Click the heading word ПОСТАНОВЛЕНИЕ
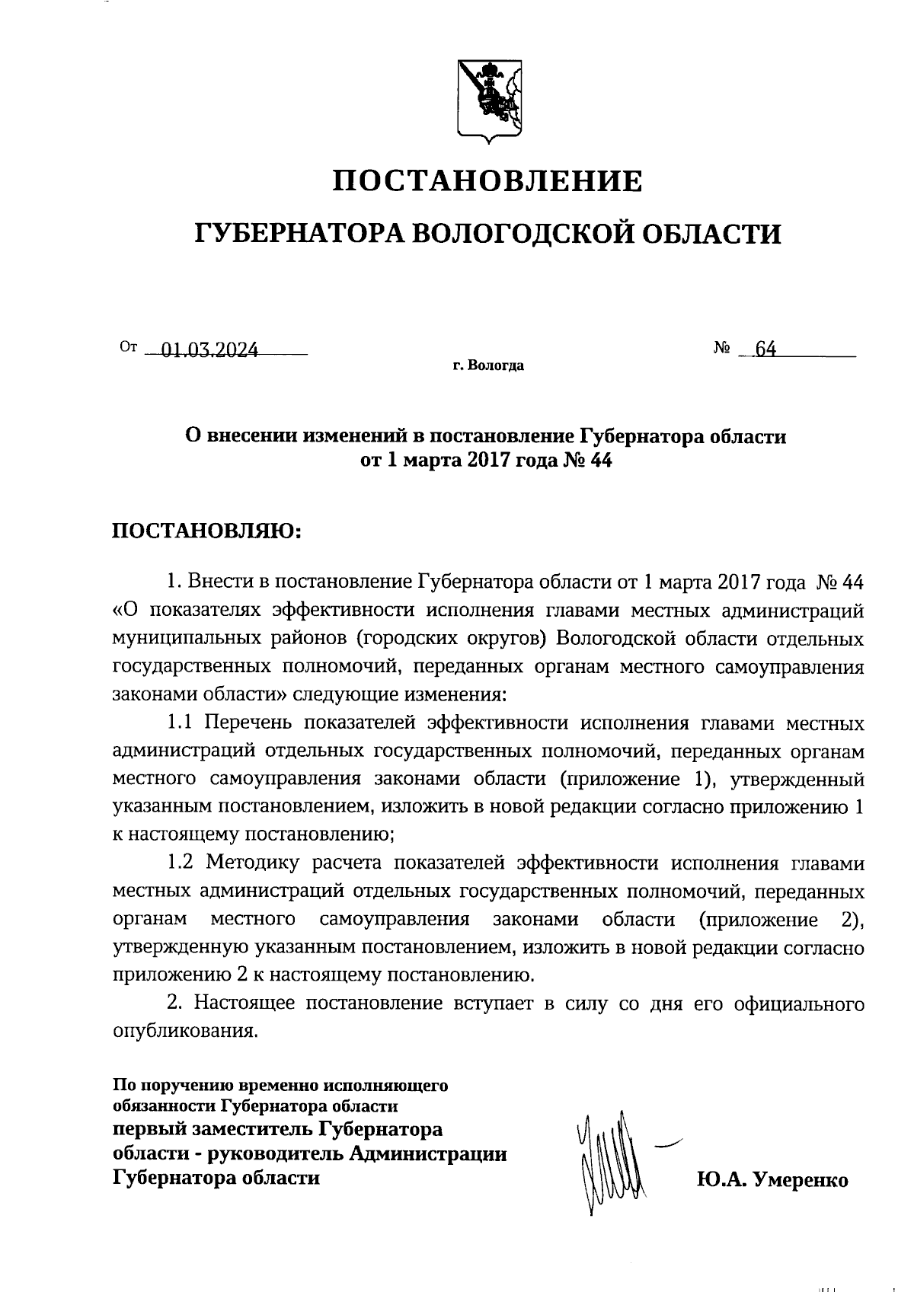pyautogui.click(x=488, y=181)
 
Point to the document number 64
pyautogui.click(x=765, y=349)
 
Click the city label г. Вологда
pyautogui.click(x=487, y=366)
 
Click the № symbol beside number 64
pyautogui.click(x=722, y=349)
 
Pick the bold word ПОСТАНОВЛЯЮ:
pyautogui.click(x=207, y=531)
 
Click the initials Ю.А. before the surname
pyautogui.click(x=720, y=1180)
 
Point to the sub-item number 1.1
pyautogui.click(x=182, y=723)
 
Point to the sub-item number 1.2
pyautogui.click(x=182, y=863)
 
